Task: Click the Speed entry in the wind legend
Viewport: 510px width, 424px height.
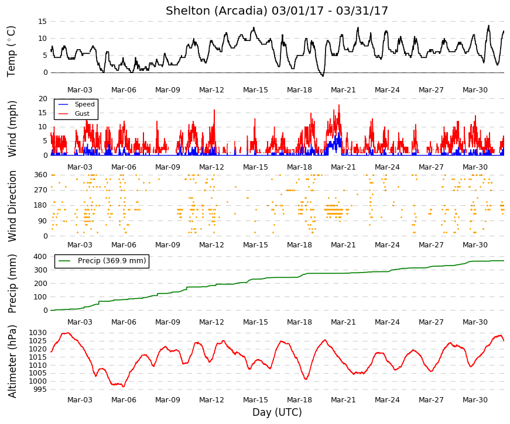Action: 84,104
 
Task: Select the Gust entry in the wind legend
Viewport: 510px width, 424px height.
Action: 82,113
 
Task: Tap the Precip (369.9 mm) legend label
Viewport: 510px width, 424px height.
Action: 112,261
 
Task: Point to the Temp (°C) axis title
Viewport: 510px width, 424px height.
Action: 11,51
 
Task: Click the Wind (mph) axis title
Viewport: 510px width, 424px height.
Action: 12,129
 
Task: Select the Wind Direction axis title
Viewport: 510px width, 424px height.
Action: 12,206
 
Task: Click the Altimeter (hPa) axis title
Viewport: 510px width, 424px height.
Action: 12,361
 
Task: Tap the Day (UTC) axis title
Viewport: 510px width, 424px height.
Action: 277,412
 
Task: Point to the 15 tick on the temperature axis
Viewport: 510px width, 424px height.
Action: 43,22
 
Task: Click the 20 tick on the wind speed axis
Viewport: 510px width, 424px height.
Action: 43,98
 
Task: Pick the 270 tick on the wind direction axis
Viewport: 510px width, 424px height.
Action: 40,189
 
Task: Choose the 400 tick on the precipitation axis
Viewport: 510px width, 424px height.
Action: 40,257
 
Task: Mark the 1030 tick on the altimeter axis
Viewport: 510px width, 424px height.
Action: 38,333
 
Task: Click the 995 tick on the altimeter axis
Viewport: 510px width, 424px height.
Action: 40,389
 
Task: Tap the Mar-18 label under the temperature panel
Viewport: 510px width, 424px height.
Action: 299,90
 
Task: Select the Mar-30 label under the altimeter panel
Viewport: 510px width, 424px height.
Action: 475,400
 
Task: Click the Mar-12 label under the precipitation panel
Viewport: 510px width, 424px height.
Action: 211,322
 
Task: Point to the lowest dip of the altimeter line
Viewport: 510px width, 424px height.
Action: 124,387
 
